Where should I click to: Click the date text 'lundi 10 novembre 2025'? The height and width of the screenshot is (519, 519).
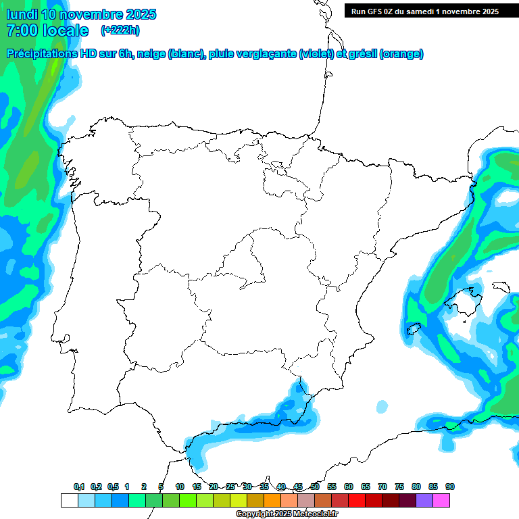point(81,14)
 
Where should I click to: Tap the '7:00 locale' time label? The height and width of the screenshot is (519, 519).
point(47,30)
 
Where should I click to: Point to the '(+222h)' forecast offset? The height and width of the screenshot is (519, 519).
point(120,30)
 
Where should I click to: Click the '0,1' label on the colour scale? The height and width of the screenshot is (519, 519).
point(79,487)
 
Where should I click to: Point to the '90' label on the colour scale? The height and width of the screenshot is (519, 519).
point(450,487)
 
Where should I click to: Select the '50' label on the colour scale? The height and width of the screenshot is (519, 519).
point(315,487)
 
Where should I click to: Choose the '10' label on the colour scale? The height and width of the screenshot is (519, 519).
point(180,487)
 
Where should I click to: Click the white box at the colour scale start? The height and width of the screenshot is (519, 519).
point(69,500)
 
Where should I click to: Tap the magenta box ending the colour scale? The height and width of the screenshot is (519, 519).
point(441,500)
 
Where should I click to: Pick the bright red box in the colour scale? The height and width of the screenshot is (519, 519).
point(357,500)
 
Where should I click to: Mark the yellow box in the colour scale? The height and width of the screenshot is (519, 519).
point(239,500)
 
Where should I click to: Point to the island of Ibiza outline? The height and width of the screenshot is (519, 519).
point(414,329)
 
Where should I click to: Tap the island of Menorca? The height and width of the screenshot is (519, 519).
point(501,287)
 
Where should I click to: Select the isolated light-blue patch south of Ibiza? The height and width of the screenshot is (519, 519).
point(382,406)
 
